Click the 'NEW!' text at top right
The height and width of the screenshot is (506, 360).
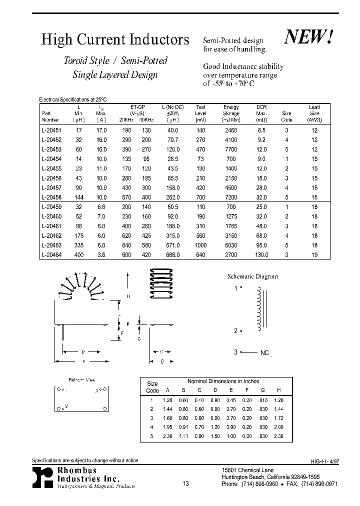coord(308,37)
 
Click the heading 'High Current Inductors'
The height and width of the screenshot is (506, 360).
coord(115,40)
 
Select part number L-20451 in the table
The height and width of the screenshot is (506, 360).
coord(50,130)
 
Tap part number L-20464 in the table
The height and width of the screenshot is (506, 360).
coord(50,254)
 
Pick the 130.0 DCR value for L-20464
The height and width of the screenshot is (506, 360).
coord(261,254)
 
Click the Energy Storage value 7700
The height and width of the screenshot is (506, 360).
coord(231,149)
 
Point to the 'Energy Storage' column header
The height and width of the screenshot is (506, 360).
coord(231,113)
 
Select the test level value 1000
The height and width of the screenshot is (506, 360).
coord(200,245)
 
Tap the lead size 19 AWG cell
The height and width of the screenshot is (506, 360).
coord(314,254)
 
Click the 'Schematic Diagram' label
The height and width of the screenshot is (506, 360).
coord(252,276)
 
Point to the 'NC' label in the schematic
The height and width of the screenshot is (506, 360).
coord(264,353)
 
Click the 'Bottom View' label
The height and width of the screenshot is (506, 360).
coord(81,380)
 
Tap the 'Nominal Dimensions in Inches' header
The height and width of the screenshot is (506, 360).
coord(223,381)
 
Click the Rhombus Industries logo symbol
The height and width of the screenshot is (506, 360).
coord(42,477)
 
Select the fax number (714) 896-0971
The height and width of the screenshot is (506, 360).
coord(316,484)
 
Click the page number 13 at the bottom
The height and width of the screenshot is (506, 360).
coord(186,483)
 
